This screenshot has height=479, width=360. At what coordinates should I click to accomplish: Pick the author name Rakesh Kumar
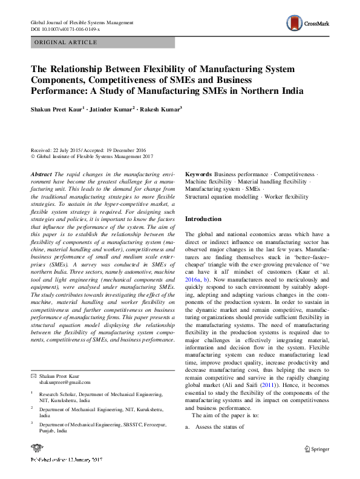(x=160, y=110)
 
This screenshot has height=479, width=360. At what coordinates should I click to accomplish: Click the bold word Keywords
(x=198, y=174)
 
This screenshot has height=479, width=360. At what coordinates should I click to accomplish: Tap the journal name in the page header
(x=82, y=22)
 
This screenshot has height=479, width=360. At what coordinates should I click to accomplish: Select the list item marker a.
(x=188, y=427)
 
